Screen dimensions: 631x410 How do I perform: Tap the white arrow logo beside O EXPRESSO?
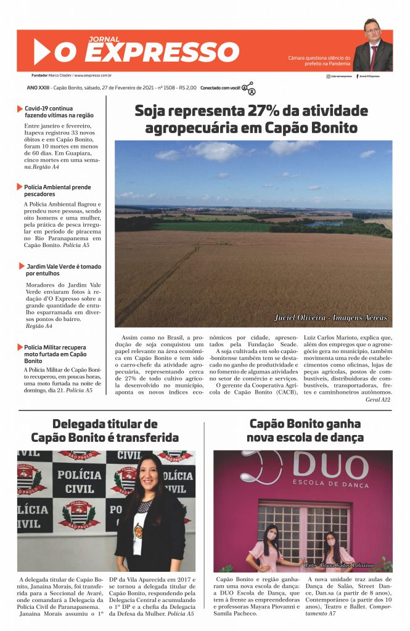(x=41, y=52)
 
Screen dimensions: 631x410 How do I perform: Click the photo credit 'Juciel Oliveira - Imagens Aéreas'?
(x=331, y=317)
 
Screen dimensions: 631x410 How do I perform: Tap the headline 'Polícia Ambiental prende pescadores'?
(x=57, y=190)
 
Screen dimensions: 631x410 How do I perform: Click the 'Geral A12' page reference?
(x=379, y=399)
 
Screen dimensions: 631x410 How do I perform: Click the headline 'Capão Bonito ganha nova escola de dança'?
(x=305, y=431)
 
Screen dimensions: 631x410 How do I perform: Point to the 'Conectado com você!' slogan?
(x=220, y=88)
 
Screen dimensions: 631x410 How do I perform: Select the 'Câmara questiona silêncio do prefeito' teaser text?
(x=319, y=60)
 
